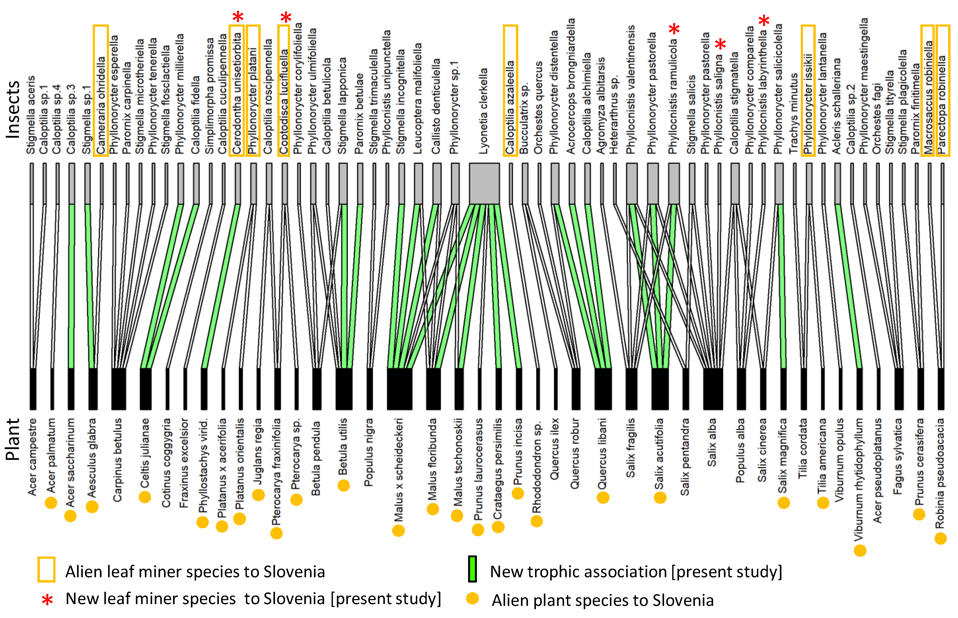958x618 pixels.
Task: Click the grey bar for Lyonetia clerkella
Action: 484,183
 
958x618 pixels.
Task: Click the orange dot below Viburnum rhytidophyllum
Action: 860,551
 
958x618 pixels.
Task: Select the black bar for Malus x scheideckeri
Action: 399,389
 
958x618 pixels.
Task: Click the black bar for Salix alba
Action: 713,389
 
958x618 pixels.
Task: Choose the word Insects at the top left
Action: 13,109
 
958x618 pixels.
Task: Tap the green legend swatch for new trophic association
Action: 473,569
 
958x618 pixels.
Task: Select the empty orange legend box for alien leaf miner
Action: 46,569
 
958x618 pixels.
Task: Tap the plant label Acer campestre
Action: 32,457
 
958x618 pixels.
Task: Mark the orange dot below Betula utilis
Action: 343,486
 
